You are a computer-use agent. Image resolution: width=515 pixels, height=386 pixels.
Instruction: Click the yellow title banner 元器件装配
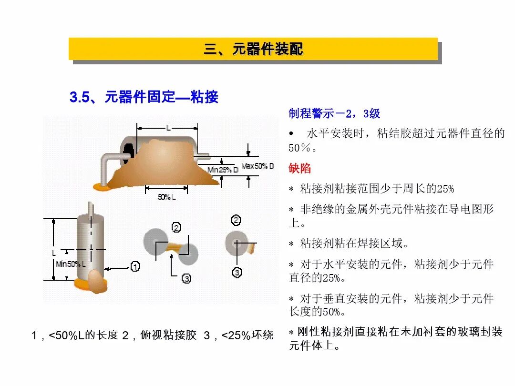[253, 49]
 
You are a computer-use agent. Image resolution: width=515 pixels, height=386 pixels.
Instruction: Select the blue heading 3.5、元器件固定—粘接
[144, 97]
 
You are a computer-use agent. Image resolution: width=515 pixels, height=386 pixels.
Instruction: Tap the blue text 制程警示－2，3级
[334, 113]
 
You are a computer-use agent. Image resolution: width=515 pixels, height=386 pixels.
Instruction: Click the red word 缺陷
[299, 168]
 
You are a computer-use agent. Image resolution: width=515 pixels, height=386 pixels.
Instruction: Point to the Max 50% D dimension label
[257, 166]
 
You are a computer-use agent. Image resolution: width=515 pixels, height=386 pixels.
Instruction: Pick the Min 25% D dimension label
[223, 170]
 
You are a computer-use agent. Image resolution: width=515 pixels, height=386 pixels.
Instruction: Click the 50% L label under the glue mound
[166, 197]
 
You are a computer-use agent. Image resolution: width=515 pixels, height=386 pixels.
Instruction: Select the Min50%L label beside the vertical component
[71, 264]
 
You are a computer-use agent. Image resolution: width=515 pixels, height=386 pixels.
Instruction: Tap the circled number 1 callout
[135, 266]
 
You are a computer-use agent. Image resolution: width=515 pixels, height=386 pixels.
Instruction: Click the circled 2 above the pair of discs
[176, 227]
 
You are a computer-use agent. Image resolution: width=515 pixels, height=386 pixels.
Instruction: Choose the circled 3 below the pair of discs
[186, 278]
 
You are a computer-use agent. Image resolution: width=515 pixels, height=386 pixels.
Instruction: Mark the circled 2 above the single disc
[236, 220]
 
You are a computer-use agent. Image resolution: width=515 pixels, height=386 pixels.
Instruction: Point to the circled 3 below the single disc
[237, 272]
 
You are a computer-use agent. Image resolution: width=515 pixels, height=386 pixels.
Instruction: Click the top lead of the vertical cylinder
[90, 209]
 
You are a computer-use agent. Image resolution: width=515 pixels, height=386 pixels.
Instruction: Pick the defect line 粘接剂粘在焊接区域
[354, 244]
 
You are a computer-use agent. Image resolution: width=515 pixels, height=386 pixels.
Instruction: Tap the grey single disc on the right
[236, 242]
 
